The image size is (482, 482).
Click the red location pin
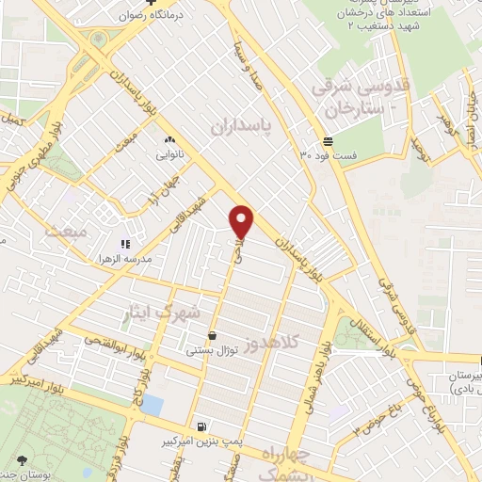pyautogui.click(x=242, y=220)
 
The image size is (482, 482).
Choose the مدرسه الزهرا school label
pyautogui.click(x=126, y=257)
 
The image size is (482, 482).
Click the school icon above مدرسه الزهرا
pyautogui.click(x=125, y=244)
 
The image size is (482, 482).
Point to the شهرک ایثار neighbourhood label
pyautogui.click(x=169, y=311)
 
